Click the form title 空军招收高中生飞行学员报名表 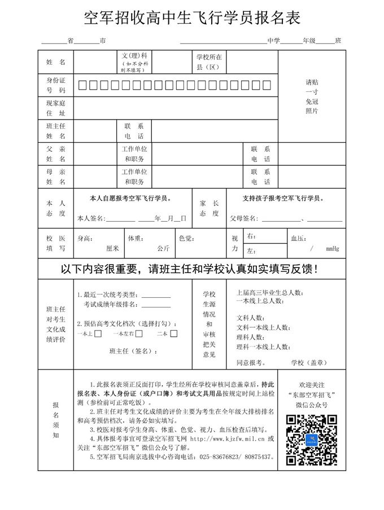coord(192,17)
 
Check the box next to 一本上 coord(98,333)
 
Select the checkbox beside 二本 coord(174,333)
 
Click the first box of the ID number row coord(82,85)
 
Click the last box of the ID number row coord(267,85)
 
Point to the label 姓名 coord(56,61)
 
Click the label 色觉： coord(186,238)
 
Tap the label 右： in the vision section coord(252,236)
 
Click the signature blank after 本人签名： coord(120,218)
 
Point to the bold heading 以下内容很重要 coord(192,268)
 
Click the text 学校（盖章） coord(310,362)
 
